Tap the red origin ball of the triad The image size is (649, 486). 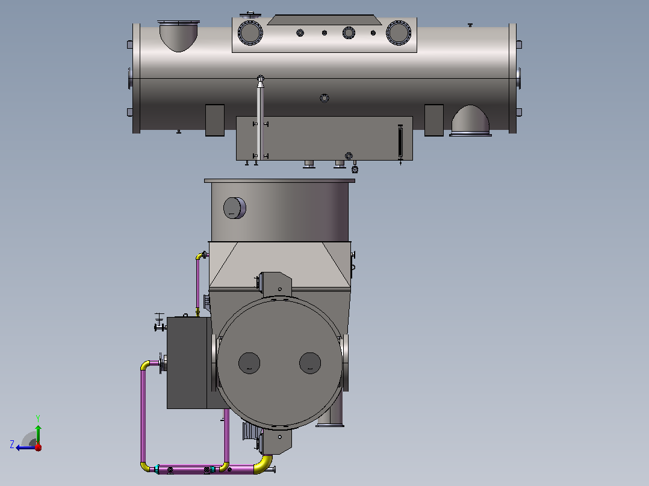click(x=38, y=447)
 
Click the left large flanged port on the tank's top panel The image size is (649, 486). click(x=250, y=32)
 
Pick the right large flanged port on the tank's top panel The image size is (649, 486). click(x=398, y=32)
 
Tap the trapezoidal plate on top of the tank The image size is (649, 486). click(x=324, y=20)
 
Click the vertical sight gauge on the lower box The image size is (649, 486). click(x=400, y=142)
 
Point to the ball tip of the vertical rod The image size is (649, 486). click(x=260, y=78)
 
